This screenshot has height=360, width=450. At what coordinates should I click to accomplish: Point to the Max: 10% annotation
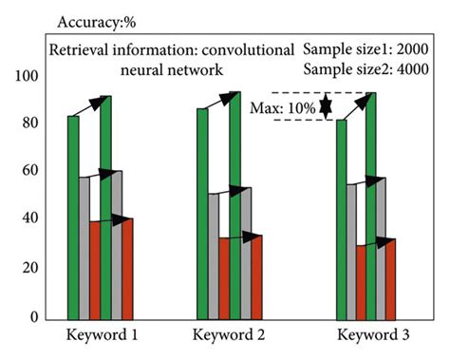click(283, 107)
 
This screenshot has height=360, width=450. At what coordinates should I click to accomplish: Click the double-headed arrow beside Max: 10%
click(326, 106)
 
